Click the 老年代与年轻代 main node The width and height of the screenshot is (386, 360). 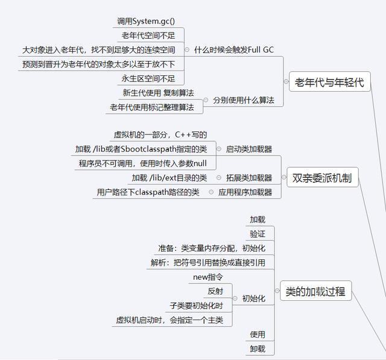(x=329, y=83)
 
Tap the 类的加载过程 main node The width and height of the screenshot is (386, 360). (x=315, y=292)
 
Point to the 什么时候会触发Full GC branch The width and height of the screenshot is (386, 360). (x=233, y=49)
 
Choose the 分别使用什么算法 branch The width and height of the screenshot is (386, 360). (x=243, y=101)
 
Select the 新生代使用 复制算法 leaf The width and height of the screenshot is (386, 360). (x=158, y=93)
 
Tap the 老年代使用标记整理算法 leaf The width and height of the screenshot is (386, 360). (x=151, y=107)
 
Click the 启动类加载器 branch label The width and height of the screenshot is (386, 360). (x=248, y=149)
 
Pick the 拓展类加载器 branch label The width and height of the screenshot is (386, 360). (x=248, y=178)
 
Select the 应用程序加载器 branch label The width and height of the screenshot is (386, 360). (x=245, y=193)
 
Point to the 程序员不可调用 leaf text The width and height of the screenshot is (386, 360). (x=142, y=163)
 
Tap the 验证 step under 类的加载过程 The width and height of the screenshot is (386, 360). (x=258, y=234)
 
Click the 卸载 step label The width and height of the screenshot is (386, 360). (x=258, y=349)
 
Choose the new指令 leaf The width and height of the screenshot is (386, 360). (x=208, y=277)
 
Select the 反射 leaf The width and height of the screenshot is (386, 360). (x=215, y=291)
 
